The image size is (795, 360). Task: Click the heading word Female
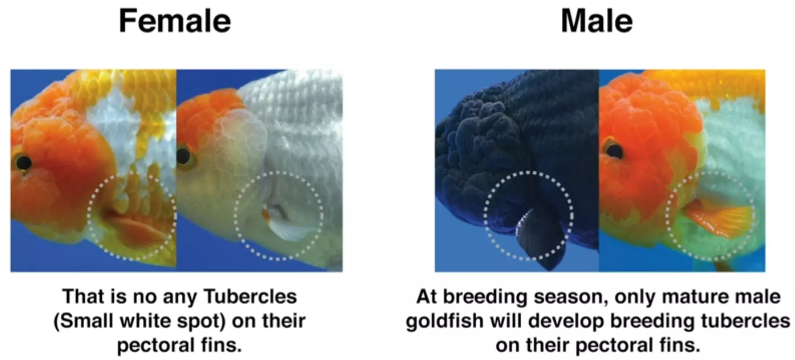(175, 21)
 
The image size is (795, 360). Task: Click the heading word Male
(597, 21)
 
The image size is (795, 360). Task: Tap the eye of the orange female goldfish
(23, 162)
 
